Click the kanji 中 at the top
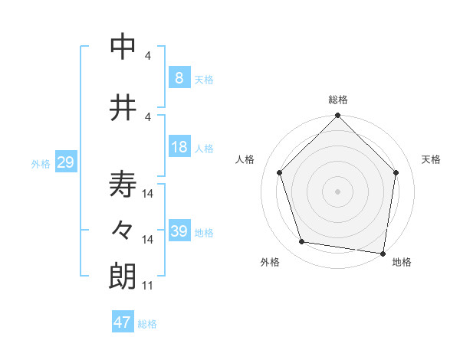[123, 47]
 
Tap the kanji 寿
[123, 185]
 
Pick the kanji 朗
[123, 277]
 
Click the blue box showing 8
[179, 77]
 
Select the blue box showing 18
[179, 147]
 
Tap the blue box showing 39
[179, 231]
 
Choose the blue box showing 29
[65, 162]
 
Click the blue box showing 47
[122, 322]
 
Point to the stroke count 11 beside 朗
[148, 286]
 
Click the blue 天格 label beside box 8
[204, 79]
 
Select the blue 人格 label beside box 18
[204, 149]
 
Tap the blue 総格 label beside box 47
[147, 324]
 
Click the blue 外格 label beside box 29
[40, 164]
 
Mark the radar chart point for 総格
[337, 116]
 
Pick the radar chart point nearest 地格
[383, 253]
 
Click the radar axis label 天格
[432, 159]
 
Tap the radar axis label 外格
[270, 262]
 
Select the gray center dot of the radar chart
[337, 191]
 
